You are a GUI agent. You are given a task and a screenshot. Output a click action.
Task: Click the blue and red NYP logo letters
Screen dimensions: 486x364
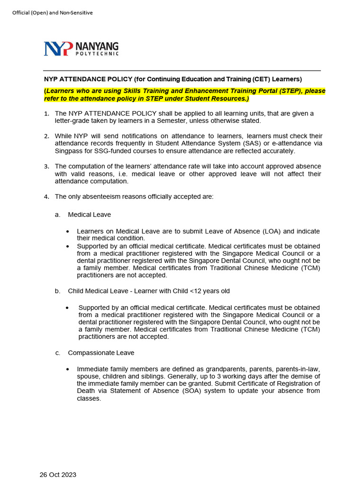pos(58,49)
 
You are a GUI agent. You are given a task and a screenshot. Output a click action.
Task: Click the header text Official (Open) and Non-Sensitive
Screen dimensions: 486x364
pos(53,13)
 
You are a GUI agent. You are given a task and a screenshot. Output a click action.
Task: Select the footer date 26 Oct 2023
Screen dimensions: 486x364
pos(58,475)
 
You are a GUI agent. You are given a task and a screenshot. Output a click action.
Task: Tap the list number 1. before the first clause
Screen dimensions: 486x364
pos(46,114)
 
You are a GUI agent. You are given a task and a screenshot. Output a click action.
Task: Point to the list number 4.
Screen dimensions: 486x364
pos(46,196)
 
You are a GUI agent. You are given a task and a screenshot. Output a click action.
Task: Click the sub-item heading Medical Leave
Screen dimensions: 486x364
pos(89,215)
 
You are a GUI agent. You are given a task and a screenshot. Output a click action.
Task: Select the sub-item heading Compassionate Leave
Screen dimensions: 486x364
pos(101,353)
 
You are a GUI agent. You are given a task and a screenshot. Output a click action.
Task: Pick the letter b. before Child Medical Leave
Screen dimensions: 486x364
pos(57,291)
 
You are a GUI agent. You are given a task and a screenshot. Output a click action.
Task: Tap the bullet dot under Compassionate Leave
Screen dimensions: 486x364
pos(68,369)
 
